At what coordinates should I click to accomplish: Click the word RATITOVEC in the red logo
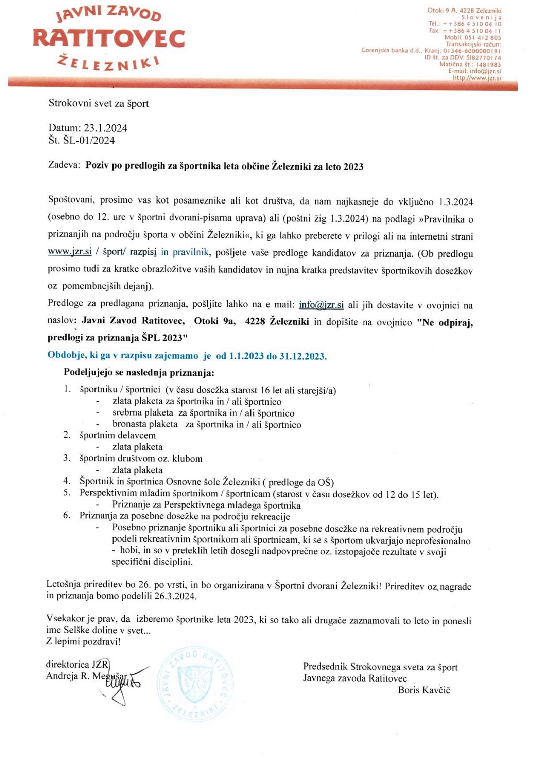[109, 38]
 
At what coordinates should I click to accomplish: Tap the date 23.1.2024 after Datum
[106, 128]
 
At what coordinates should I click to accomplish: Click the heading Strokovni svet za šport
[99, 103]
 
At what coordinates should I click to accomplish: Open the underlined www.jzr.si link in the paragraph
[70, 252]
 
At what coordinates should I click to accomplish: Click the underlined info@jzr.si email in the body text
[321, 305]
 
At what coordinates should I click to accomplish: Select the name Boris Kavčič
[424, 690]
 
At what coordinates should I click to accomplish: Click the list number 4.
[66, 481]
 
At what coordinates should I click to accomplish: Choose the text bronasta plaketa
[145, 424]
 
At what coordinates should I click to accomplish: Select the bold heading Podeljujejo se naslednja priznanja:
[139, 372]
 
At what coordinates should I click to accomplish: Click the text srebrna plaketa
[142, 413]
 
